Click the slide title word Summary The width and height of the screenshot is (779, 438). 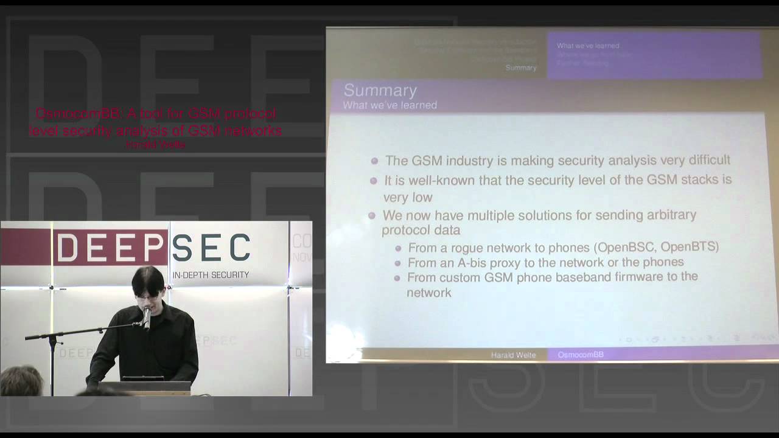point(380,91)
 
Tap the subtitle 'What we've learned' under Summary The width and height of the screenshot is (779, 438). point(389,105)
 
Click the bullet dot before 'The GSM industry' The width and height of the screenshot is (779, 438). point(375,161)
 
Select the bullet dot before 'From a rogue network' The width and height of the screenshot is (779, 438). point(398,248)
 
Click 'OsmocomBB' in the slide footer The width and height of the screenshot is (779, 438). point(581,355)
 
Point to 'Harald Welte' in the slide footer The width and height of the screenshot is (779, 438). point(513,355)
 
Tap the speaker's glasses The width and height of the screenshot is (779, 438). point(146,297)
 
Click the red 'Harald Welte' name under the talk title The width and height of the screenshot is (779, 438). point(155,145)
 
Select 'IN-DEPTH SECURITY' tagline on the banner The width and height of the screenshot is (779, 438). point(211,275)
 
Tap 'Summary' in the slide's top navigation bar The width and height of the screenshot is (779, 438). point(521,68)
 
